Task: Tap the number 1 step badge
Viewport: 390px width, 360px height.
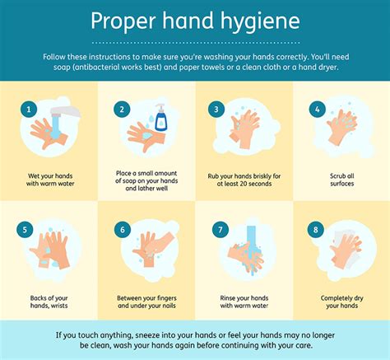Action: pos(29,110)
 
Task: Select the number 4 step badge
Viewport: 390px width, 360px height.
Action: pos(318,110)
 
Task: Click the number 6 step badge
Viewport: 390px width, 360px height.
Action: pos(123,230)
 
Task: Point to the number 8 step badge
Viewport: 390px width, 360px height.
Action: pos(316,230)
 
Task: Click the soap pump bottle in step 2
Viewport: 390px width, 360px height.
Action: pos(160,117)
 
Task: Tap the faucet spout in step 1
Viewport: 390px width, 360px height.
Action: pos(65,111)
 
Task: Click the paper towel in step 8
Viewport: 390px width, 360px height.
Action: pos(346,249)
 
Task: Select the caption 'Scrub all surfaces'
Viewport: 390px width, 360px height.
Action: pos(342,180)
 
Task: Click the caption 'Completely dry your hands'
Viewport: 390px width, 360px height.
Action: pos(342,302)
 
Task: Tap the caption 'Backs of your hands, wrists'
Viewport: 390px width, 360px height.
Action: pos(49,302)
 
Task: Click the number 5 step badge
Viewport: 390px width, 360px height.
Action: pos(25,230)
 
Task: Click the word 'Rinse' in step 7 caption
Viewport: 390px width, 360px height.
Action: pos(228,298)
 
